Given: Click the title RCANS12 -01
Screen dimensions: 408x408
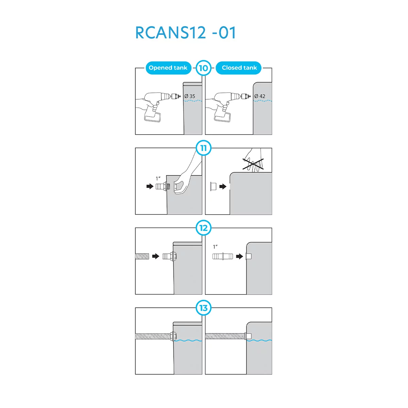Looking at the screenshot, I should click(x=186, y=33).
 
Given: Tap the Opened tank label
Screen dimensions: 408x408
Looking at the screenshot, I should click(x=168, y=68).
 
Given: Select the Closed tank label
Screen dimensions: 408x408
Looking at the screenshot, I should click(x=239, y=68).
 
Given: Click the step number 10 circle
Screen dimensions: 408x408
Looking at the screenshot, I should click(x=203, y=68).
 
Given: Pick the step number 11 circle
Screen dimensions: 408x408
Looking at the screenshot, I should click(x=203, y=148).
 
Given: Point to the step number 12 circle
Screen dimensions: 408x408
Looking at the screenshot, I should click(x=203, y=228).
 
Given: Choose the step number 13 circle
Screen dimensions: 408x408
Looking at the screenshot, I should click(x=203, y=308).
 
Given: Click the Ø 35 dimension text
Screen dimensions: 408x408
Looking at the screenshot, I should click(x=190, y=96).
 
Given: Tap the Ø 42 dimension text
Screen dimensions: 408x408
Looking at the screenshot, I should click(x=260, y=96).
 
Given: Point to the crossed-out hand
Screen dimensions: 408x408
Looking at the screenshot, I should click(x=254, y=161).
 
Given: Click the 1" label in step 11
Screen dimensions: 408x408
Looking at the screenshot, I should click(x=158, y=178).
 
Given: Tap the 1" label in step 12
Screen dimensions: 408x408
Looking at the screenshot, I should click(x=215, y=247).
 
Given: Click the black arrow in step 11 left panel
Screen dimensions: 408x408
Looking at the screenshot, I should click(x=150, y=186).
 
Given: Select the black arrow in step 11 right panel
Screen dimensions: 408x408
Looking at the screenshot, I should click(x=223, y=186).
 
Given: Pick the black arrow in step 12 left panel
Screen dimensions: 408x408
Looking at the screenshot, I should click(x=156, y=256).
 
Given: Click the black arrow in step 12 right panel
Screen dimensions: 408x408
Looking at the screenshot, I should click(x=239, y=256).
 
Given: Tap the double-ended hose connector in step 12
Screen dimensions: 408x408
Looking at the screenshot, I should click(x=223, y=256).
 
